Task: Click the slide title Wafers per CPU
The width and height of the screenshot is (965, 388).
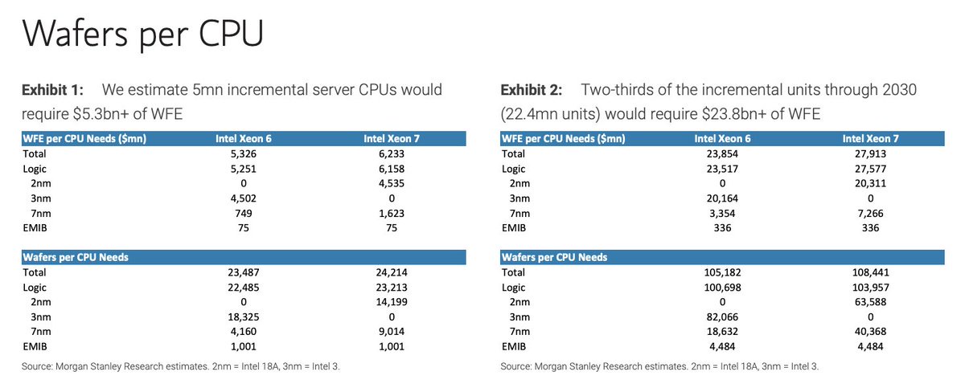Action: click(142, 35)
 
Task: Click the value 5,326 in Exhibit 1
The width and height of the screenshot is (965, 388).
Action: click(244, 154)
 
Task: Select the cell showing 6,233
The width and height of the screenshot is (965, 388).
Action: click(392, 154)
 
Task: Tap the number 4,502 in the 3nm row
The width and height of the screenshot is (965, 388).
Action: click(244, 198)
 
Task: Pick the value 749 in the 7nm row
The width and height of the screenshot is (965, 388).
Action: click(244, 214)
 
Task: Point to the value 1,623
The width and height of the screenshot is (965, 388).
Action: click(392, 214)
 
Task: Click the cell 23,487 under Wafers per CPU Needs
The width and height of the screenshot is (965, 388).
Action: click(244, 272)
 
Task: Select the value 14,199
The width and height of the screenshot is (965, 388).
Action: click(392, 302)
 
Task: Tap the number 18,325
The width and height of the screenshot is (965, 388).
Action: click(244, 317)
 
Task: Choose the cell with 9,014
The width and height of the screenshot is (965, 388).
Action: click(392, 332)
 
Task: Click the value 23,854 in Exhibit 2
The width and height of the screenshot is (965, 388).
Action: click(722, 154)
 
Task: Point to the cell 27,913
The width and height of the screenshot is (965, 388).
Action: click(871, 154)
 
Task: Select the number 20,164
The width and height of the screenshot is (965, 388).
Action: click(722, 198)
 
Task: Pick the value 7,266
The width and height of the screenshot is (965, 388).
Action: click(871, 214)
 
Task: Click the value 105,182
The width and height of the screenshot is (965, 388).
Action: click(722, 272)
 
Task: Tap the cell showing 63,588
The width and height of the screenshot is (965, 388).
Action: click(871, 302)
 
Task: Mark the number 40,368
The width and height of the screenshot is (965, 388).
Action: click(871, 332)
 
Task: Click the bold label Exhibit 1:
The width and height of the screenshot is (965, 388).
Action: click(52, 90)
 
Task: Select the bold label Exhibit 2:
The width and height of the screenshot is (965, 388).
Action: click(532, 90)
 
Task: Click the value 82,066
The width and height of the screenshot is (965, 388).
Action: click(722, 317)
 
